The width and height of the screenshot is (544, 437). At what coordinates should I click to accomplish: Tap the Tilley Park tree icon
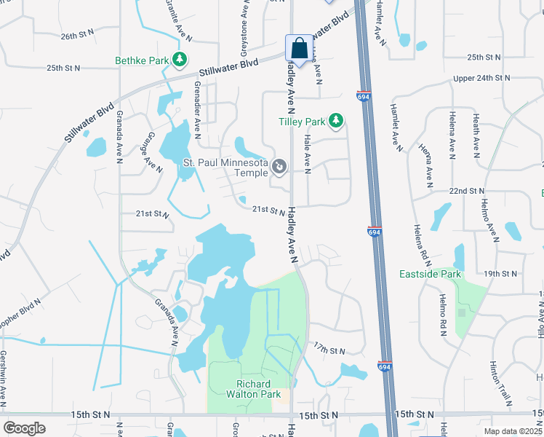(x=335, y=121)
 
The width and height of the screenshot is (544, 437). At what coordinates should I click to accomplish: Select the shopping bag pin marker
(x=298, y=50)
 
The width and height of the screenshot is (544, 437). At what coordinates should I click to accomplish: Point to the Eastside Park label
(x=431, y=275)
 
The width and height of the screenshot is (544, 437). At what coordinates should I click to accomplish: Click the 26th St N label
(x=79, y=35)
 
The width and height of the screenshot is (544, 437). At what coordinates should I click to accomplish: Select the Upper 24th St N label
(x=478, y=78)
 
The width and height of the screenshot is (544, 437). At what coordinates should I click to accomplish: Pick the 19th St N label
(x=500, y=274)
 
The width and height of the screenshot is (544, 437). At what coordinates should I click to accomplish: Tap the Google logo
(x=24, y=428)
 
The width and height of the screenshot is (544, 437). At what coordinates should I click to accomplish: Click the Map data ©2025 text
(x=512, y=431)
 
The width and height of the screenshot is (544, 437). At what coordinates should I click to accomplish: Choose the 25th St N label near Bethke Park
(x=64, y=68)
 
